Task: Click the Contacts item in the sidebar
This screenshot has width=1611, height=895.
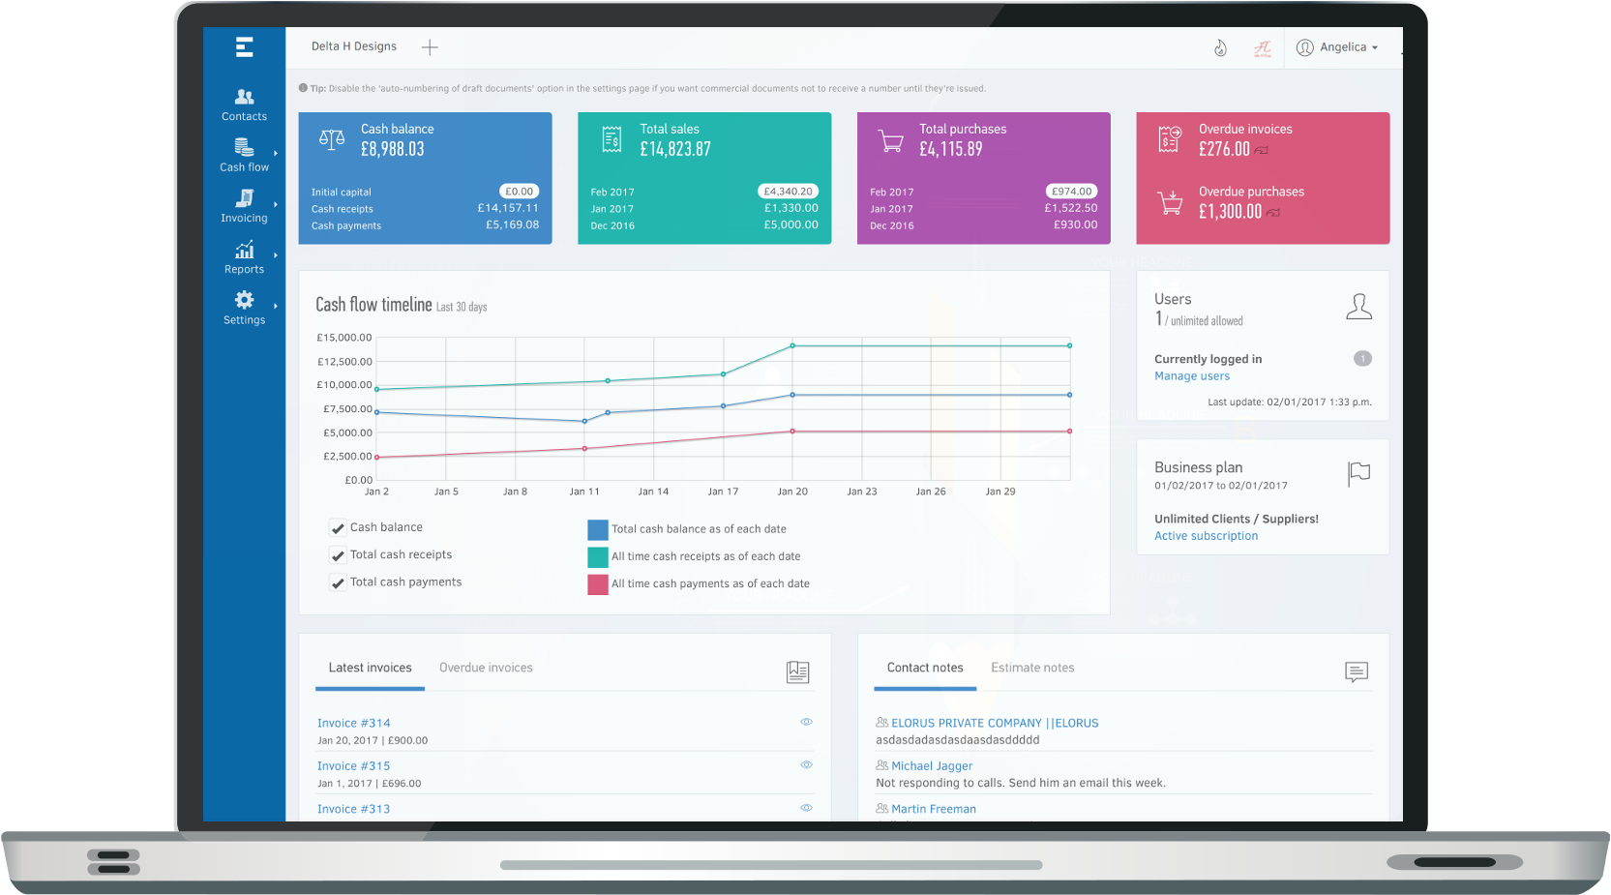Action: pyautogui.click(x=244, y=104)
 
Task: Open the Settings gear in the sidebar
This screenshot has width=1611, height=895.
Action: pyautogui.click(x=244, y=301)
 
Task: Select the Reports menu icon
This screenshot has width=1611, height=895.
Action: pyautogui.click(x=244, y=251)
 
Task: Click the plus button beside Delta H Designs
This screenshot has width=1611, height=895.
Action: pyautogui.click(x=430, y=47)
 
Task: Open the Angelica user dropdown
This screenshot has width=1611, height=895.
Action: pyautogui.click(x=1337, y=47)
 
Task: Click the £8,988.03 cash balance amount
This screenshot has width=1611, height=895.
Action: pyautogui.click(x=393, y=149)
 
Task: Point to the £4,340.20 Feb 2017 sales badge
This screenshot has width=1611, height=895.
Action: pyautogui.click(x=788, y=192)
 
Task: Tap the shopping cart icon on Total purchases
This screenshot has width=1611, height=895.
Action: pyautogui.click(x=890, y=141)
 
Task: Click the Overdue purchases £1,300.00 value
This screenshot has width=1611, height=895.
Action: pyautogui.click(x=1230, y=211)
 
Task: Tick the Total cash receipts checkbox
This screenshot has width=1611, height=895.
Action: pyautogui.click(x=338, y=555)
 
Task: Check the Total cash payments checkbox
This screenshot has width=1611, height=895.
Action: pyautogui.click(x=338, y=582)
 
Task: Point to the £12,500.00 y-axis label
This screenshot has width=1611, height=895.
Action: pyautogui.click(x=344, y=362)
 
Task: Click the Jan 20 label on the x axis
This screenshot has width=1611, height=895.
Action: pyautogui.click(x=792, y=492)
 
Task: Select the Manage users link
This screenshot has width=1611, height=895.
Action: pyautogui.click(x=1192, y=376)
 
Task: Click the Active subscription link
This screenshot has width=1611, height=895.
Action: pyautogui.click(x=1206, y=536)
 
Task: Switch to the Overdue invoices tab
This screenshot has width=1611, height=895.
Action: pyautogui.click(x=486, y=668)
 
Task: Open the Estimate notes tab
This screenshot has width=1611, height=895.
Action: pyautogui.click(x=1032, y=668)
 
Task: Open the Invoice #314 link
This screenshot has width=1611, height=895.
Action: pyautogui.click(x=354, y=723)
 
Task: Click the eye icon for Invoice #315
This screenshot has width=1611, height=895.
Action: pyautogui.click(x=806, y=764)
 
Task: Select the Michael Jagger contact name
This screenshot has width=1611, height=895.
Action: pyautogui.click(x=932, y=765)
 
